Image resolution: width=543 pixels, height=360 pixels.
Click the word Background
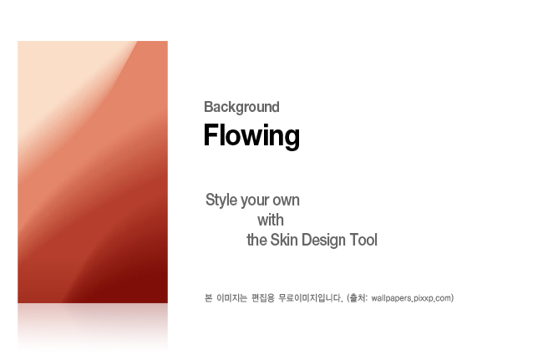click(241, 107)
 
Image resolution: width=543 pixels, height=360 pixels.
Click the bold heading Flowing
click(251, 135)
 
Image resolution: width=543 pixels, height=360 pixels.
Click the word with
click(271, 221)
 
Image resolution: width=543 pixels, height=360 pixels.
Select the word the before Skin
click(256, 240)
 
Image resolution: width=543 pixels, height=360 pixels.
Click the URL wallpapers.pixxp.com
click(411, 298)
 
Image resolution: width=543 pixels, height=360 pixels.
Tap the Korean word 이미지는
click(231, 298)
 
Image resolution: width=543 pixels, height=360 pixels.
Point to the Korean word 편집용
click(263, 298)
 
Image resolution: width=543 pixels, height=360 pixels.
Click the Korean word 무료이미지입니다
click(310, 298)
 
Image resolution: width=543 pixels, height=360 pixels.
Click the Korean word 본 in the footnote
click(209, 298)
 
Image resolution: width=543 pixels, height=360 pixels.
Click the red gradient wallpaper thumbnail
click(93, 172)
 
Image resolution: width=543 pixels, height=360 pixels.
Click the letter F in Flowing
click(211, 134)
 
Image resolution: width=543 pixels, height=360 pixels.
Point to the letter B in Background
click(208, 107)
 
